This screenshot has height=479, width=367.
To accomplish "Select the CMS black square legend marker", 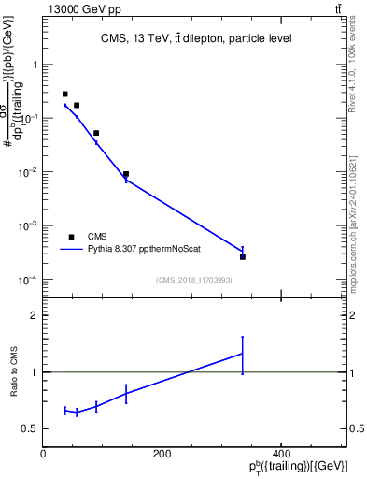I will coord(71,237).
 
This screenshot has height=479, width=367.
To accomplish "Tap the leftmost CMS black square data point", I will coord(64,94).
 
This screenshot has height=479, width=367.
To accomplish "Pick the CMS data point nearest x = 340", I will coord(243,256).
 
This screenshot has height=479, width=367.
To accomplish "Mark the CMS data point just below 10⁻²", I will coord(126,174).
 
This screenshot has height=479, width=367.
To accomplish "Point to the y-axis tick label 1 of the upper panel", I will coord(35,65).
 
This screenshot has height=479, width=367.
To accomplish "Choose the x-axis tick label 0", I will coord(43,454).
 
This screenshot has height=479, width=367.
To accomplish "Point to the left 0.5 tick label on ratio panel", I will coord(30,429).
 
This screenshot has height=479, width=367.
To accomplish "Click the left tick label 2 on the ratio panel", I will coord(35,316).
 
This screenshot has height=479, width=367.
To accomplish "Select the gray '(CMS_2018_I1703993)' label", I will coord(194,279).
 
